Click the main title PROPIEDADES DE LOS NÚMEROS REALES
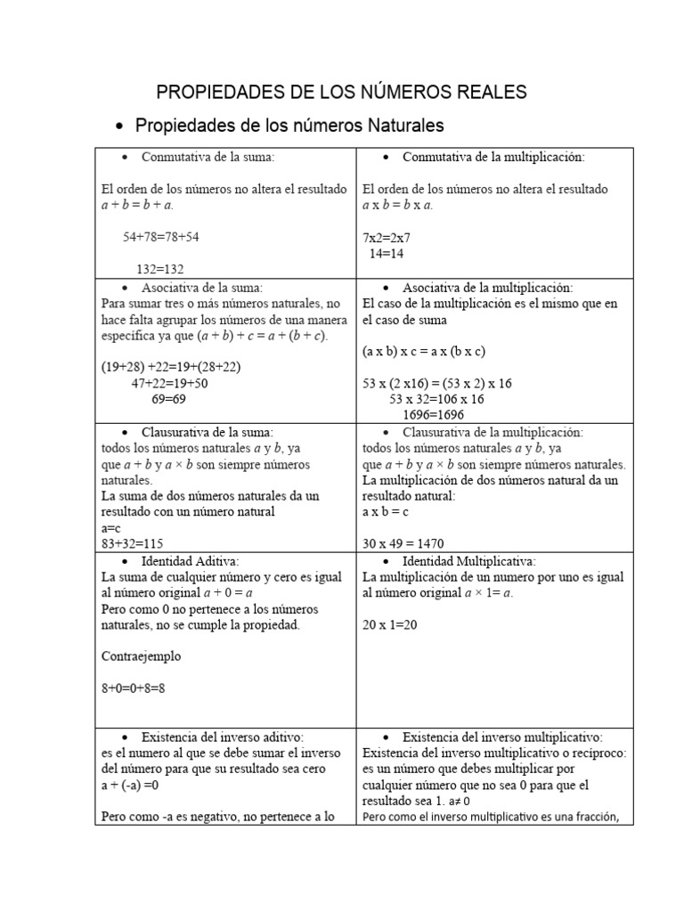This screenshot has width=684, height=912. [x=341, y=92]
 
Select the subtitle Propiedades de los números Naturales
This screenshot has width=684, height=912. [x=289, y=126]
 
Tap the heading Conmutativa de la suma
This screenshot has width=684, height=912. [x=208, y=157]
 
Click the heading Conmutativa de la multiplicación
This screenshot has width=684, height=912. [x=493, y=157]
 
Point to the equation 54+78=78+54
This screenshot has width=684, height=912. [x=161, y=237]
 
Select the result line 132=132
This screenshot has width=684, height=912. [x=160, y=269]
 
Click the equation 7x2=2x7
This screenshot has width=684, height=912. [x=387, y=238]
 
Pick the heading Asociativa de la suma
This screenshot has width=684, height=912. [x=201, y=288]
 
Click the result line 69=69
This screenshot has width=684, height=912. [x=167, y=399]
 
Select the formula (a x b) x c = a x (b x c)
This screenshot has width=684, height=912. [x=423, y=351]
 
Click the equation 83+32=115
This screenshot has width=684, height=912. [x=132, y=543]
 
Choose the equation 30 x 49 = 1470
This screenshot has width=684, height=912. [x=403, y=543]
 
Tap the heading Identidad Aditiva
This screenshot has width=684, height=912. [x=190, y=562]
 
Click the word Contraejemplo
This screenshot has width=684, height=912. [x=142, y=656]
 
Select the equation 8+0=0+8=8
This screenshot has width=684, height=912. [x=134, y=688]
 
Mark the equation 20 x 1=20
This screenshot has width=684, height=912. [x=390, y=625]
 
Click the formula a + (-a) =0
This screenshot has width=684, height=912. [x=142, y=786]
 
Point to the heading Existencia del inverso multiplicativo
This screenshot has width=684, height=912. [x=502, y=737]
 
